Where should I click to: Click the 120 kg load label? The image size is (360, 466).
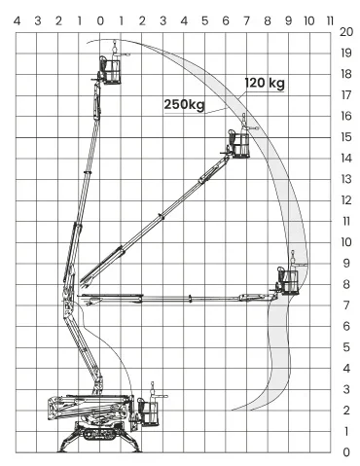[265, 83]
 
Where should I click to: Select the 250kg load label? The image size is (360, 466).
[184, 105]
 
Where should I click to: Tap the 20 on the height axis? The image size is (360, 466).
[346, 32]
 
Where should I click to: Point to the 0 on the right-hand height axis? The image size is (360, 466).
[346, 452]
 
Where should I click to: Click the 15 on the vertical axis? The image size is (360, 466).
[346, 137]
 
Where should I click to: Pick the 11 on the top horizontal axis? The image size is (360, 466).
[330, 21]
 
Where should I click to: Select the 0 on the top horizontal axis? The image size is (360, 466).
[100, 21]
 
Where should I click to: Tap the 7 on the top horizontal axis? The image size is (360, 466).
[246, 21]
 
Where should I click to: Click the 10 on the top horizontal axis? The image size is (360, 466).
[309, 21]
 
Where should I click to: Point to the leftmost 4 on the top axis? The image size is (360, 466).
[17, 21]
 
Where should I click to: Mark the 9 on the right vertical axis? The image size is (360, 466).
[346, 263]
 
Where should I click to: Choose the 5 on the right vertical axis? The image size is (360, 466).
[346, 347]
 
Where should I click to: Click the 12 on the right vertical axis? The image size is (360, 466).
[346, 200]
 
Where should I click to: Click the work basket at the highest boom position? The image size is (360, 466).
[111, 70]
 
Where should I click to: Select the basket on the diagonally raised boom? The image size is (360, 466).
[238, 144]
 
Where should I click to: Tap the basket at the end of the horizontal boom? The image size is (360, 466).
[288, 281]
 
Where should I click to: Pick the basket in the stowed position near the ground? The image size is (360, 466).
[149, 412]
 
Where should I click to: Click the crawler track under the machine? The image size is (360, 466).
[100, 434]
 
